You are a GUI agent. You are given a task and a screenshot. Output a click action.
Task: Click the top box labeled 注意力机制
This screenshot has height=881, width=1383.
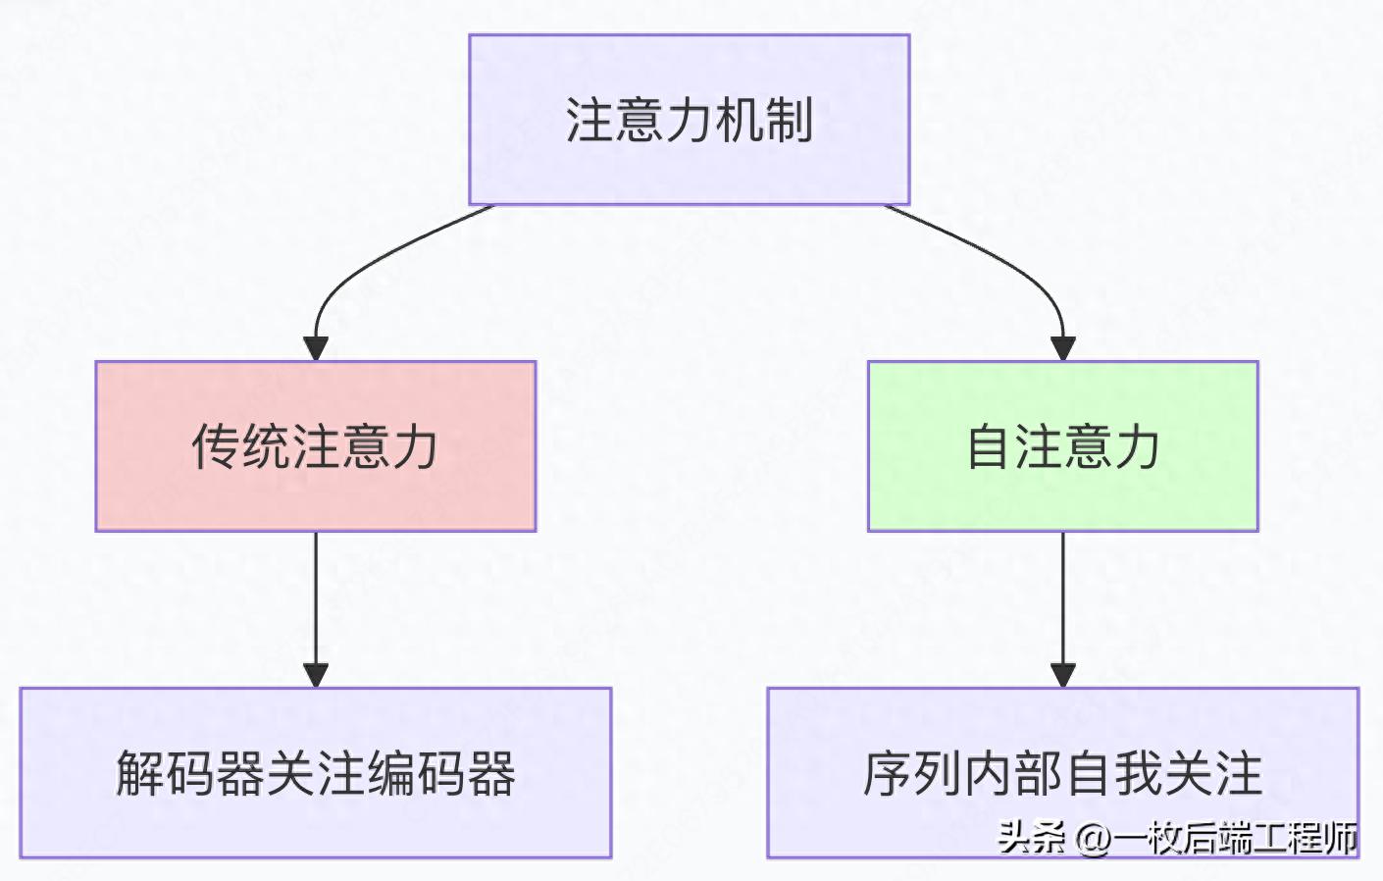[689, 120]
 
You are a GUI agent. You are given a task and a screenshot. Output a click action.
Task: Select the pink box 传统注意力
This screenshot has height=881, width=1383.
[315, 446]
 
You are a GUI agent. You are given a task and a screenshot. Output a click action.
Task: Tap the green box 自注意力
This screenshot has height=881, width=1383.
[1062, 446]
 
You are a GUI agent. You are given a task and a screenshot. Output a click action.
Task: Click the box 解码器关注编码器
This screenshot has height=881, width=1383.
[315, 773]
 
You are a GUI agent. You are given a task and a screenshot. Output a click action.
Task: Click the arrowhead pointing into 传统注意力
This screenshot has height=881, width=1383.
[316, 348]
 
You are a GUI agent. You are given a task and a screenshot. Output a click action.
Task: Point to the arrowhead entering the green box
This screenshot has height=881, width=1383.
[1063, 348]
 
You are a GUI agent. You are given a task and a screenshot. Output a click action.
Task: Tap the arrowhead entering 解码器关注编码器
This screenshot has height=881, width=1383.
[316, 674]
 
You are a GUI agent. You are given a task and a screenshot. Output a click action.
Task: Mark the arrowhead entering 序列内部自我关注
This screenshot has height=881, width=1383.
[1063, 674]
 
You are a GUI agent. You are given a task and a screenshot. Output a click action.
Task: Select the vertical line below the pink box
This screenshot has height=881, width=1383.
[316, 598]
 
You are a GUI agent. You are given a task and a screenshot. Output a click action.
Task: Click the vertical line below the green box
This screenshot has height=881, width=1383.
[1063, 598]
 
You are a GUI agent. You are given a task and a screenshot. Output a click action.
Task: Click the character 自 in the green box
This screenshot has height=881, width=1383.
[988, 446]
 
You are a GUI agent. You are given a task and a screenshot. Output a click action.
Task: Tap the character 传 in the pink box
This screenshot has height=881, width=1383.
[215, 446]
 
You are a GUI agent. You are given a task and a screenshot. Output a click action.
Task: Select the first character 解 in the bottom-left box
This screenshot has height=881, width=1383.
[140, 773]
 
